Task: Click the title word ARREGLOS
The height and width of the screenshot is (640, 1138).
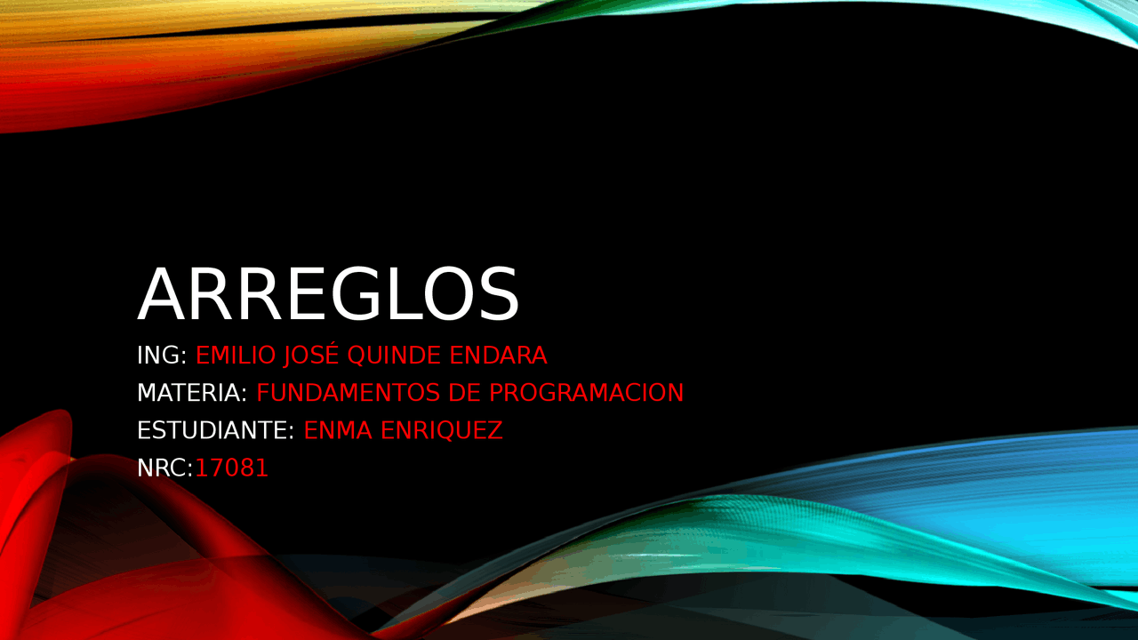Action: (x=328, y=294)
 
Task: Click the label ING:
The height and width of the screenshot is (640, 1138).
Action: (x=162, y=355)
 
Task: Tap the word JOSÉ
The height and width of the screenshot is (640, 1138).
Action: (x=311, y=354)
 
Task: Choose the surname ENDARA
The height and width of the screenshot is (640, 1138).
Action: (x=498, y=355)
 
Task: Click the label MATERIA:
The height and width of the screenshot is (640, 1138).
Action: (x=192, y=393)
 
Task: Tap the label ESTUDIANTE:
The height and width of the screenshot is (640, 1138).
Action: (x=215, y=431)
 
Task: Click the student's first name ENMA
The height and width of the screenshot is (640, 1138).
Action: (x=338, y=431)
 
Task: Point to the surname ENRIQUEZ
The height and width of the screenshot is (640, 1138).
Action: (x=442, y=431)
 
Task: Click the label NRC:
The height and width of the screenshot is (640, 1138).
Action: (x=165, y=468)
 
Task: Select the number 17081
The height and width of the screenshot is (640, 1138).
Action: (x=232, y=468)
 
